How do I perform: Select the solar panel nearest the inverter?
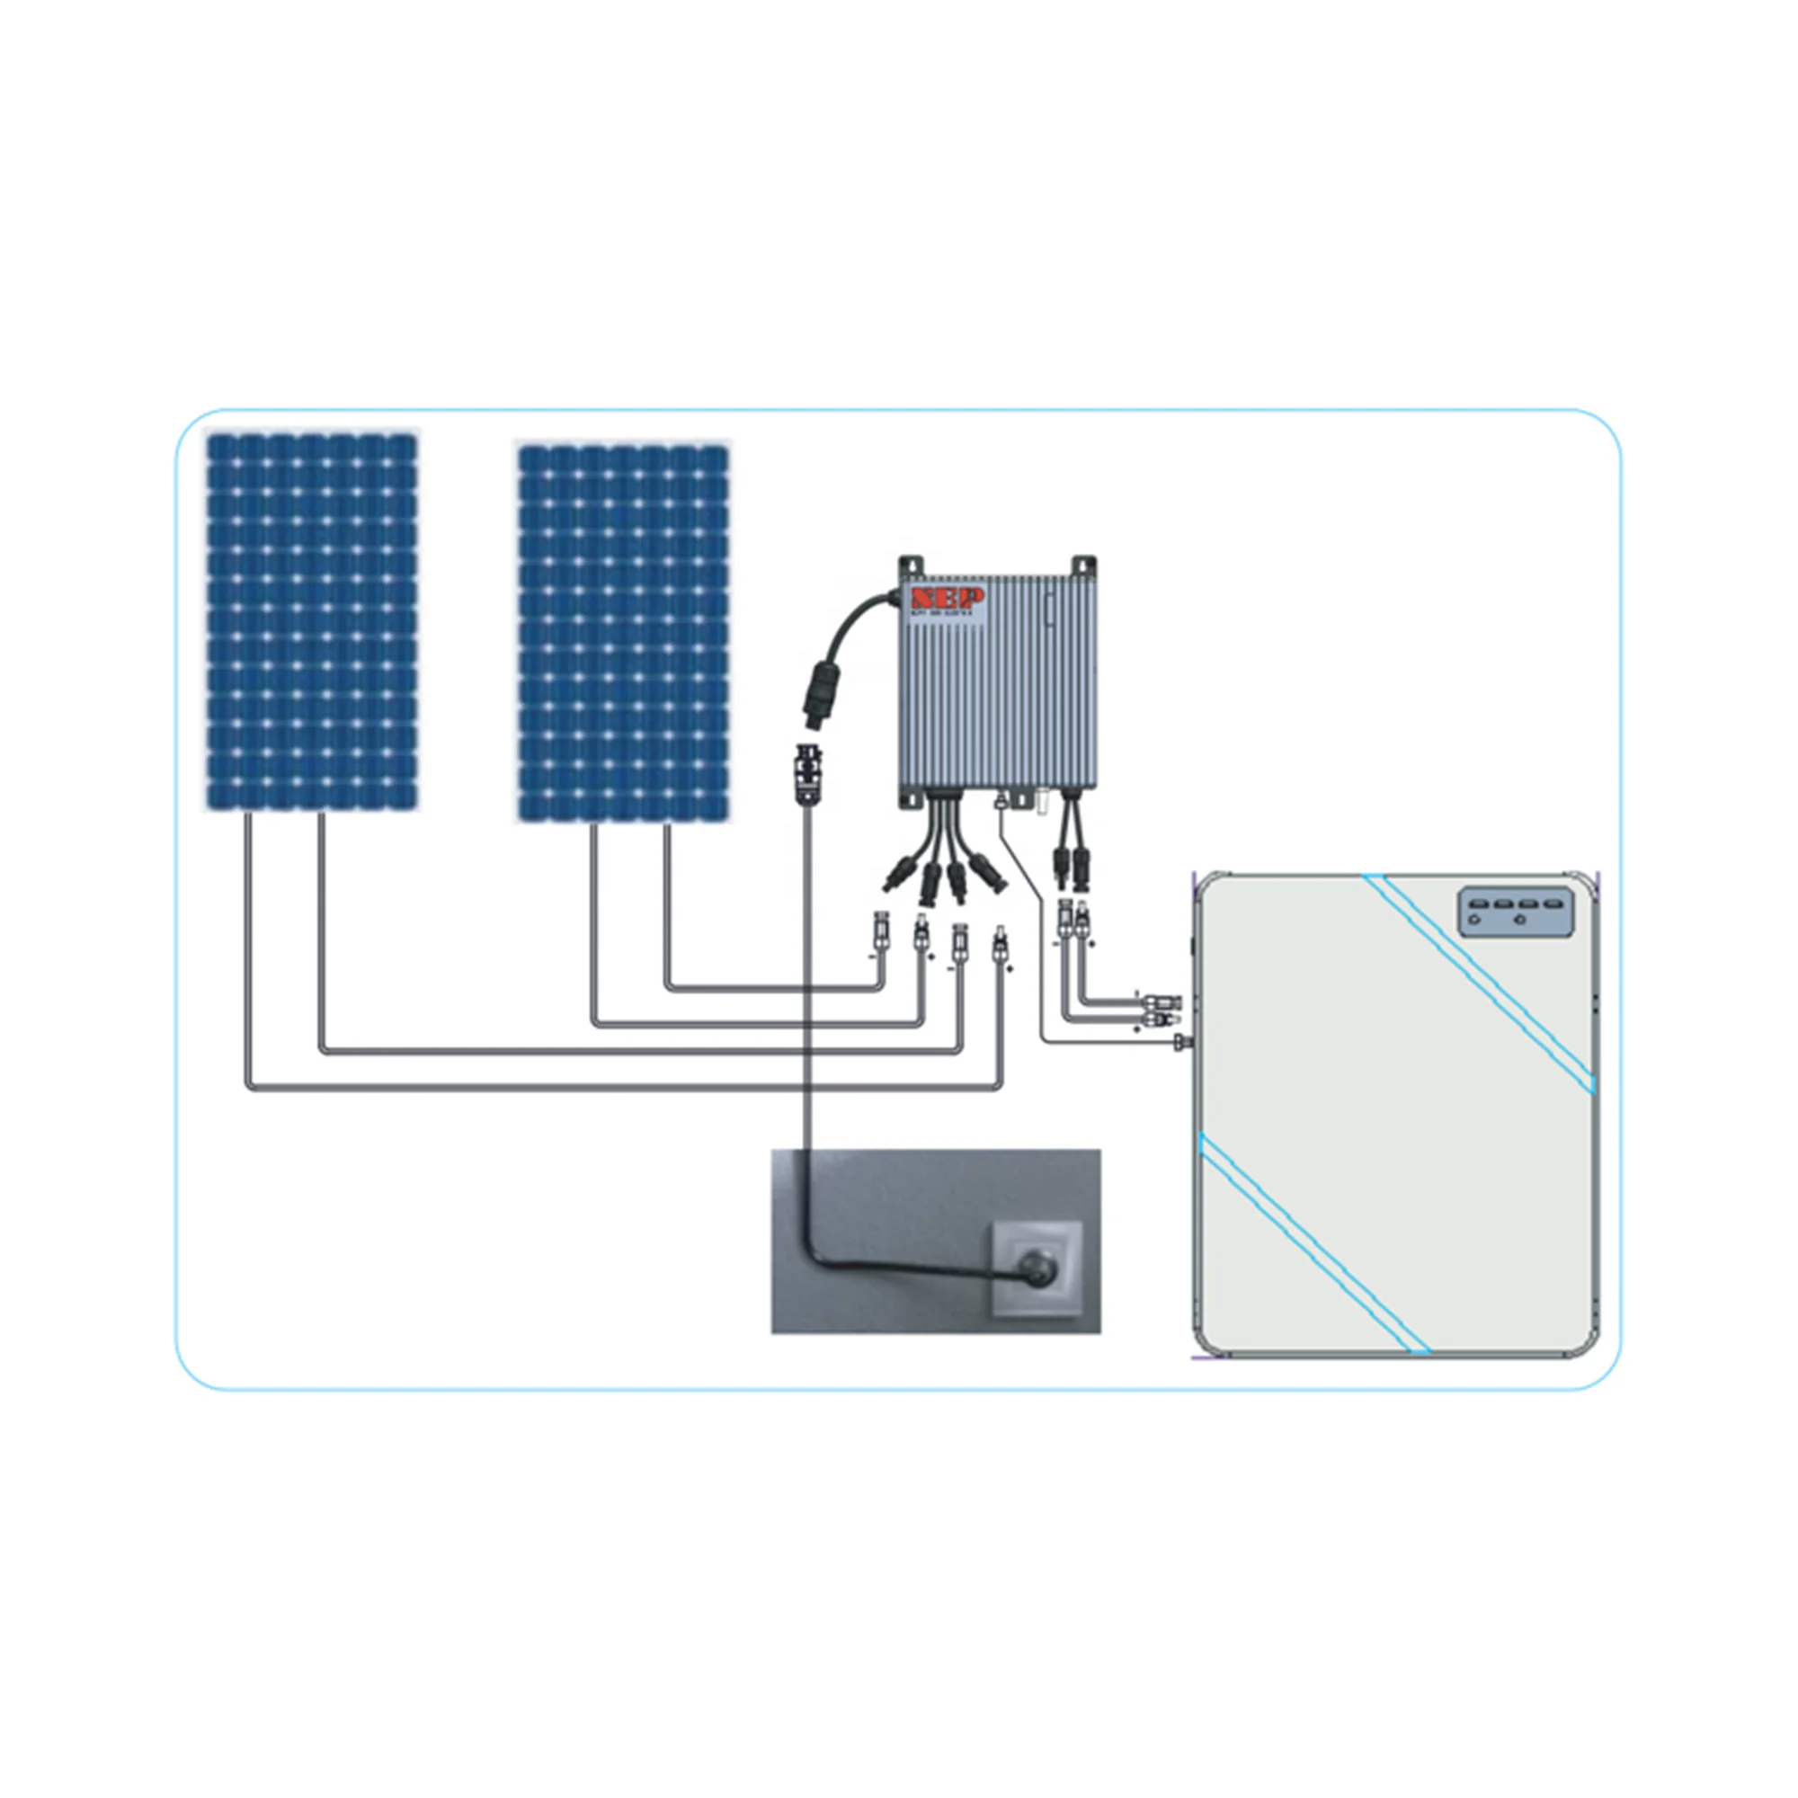[623, 633]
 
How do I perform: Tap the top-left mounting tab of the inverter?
[911, 566]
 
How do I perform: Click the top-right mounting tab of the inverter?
[1083, 566]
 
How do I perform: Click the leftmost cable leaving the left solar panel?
[248, 930]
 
